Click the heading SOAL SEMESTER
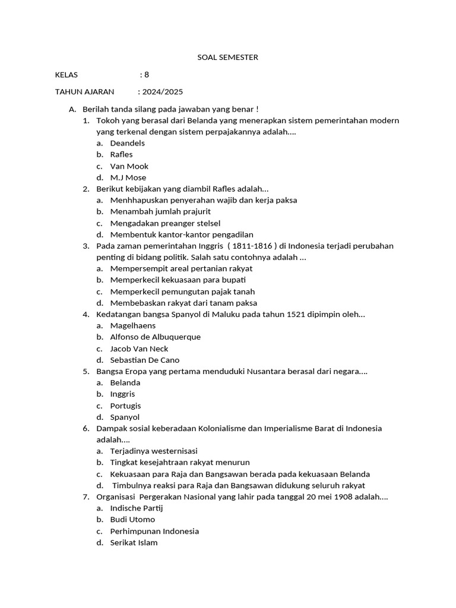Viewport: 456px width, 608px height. [x=227, y=58]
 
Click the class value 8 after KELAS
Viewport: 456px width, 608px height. [x=147, y=75]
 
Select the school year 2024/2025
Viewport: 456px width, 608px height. [x=162, y=92]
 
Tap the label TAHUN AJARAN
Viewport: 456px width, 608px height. [x=84, y=92]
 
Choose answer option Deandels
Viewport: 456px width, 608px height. [x=127, y=143]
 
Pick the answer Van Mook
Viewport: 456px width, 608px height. [x=129, y=166]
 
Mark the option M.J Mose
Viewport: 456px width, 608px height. [x=128, y=178]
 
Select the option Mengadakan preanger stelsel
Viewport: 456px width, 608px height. [x=165, y=223]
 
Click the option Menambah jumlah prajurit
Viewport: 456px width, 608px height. [x=160, y=211]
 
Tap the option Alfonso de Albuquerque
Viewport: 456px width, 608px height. [x=155, y=337]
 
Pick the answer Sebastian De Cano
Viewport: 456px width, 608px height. [x=144, y=360]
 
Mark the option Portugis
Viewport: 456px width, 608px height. [x=125, y=406]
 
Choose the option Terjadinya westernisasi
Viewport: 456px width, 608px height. [x=154, y=451]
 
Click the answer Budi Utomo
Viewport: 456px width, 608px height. [x=132, y=520]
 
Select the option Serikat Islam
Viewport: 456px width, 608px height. [x=134, y=542]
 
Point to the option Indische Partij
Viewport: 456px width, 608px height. [x=136, y=508]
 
